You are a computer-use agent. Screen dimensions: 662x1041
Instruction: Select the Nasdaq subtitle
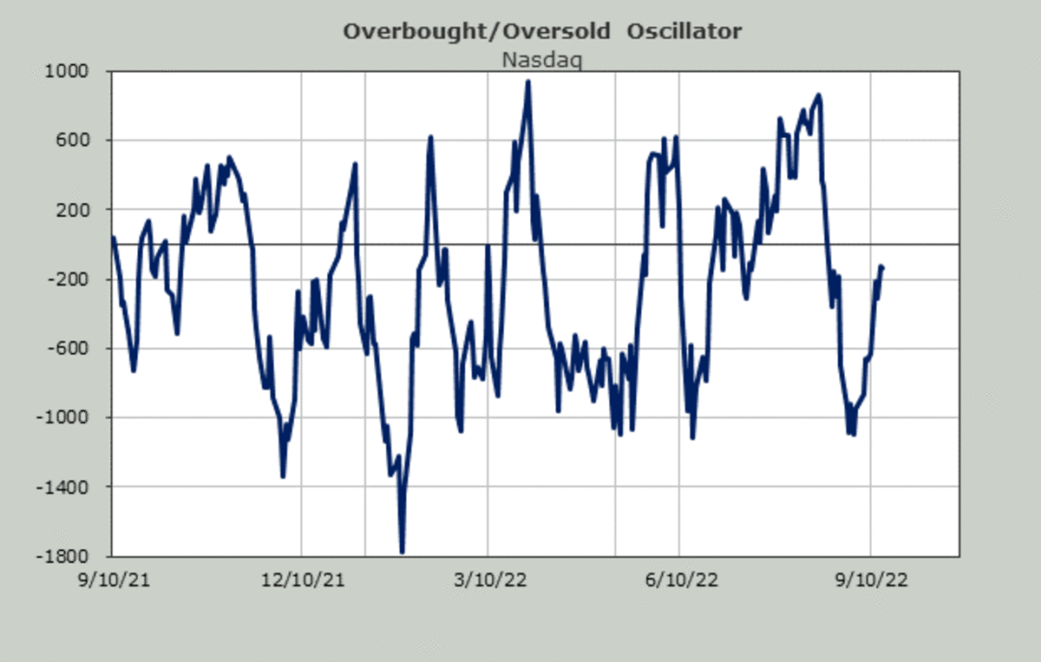[x=542, y=60]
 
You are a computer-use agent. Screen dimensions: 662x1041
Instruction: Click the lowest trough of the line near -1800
[x=402, y=551]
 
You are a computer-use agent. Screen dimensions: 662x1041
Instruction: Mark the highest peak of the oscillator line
[x=527, y=82]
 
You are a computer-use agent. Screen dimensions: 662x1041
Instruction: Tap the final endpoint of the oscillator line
[x=881, y=267]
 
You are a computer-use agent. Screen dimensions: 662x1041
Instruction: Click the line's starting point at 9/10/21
[x=114, y=238]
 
